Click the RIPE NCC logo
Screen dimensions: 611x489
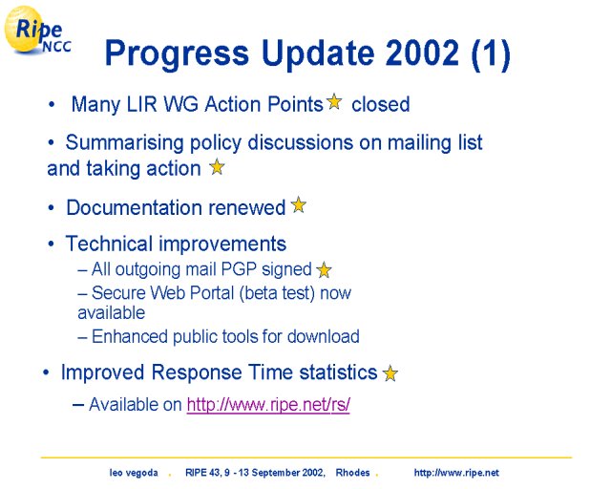tap(37, 31)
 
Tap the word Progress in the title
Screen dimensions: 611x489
tap(177, 54)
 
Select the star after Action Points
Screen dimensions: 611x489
tap(334, 102)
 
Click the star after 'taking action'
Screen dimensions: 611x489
tap(217, 167)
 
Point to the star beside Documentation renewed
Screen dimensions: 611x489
tap(299, 204)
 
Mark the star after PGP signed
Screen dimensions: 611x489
tap(324, 270)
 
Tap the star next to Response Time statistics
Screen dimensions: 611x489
tap(390, 373)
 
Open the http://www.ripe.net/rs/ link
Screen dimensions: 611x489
tap(268, 404)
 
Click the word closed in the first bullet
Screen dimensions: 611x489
tap(381, 104)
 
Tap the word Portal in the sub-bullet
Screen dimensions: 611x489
tap(217, 293)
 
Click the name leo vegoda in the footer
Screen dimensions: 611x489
tap(134, 473)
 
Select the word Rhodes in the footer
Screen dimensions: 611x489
tap(352, 473)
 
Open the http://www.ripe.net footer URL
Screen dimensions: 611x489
tap(456, 473)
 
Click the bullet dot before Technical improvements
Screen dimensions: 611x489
tap(51, 244)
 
